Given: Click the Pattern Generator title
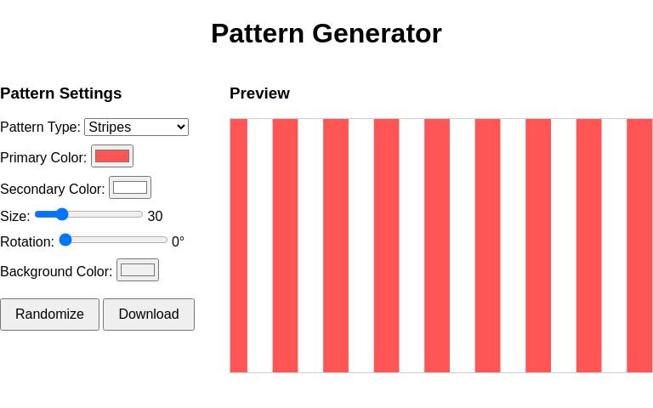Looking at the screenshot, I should click(x=326, y=33).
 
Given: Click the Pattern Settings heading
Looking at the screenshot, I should click(x=61, y=93).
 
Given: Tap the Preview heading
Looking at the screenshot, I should click(x=259, y=93).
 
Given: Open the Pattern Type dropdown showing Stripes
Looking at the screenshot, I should click(x=136, y=127).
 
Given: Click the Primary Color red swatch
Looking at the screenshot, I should click(x=112, y=156).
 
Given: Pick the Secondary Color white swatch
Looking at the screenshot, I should click(x=130, y=188).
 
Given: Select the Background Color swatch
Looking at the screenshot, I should click(x=138, y=270).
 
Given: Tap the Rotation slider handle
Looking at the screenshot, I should click(x=65, y=240).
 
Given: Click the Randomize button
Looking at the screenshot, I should click(x=49, y=314).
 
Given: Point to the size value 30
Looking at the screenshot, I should click(x=155, y=217).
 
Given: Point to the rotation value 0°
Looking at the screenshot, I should click(x=178, y=242).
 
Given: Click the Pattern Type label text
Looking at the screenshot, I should click(x=40, y=127).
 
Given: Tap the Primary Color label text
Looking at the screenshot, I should click(x=43, y=158).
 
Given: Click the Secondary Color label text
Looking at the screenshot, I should click(x=53, y=190).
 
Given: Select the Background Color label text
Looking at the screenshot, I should click(x=56, y=272).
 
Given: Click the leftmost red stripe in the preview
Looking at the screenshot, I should click(x=239, y=246).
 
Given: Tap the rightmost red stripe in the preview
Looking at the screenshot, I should click(x=639, y=246).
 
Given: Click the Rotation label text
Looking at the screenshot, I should click(x=27, y=242).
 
